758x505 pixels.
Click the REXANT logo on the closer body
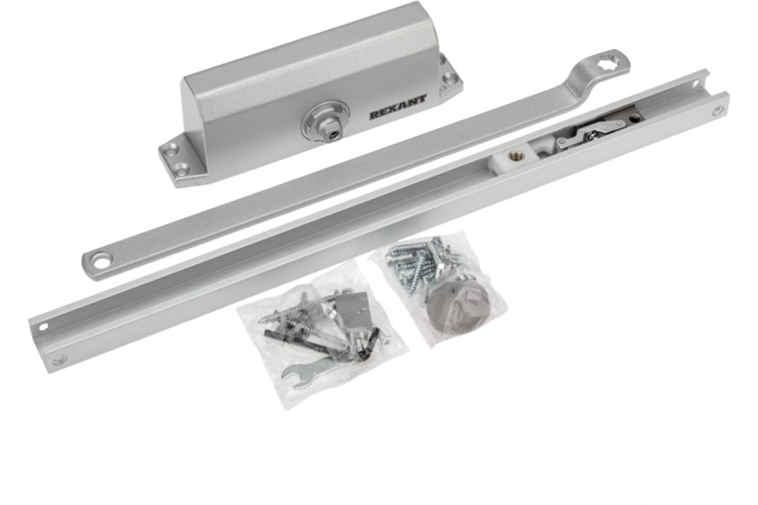(398, 107)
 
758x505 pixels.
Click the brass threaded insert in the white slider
(514, 155)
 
